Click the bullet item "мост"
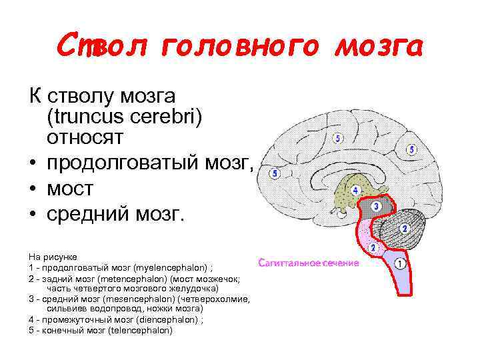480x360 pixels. (x=70, y=189)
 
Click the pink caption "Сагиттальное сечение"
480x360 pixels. (x=309, y=263)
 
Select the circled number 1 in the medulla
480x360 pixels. (x=400, y=264)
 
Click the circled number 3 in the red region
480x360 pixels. (x=376, y=207)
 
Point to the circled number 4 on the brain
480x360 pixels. (x=355, y=191)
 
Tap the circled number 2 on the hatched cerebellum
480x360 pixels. (x=403, y=229)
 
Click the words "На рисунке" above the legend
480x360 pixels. (x=53, y=256)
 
